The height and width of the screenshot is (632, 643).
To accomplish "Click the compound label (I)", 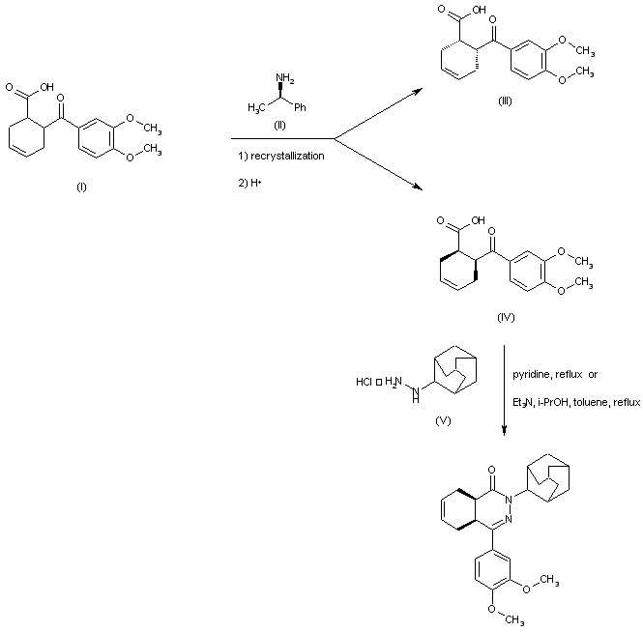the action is (81, 187).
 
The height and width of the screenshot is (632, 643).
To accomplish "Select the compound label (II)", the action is (279, 126).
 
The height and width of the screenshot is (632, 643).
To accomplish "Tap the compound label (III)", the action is (505, 101).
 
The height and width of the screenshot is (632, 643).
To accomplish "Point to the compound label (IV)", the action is (506, 317).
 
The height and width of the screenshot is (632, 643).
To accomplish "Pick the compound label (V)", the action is (443, 420).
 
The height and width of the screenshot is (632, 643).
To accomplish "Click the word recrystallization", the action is (287, 157).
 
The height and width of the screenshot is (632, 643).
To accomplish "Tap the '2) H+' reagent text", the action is (249, 183).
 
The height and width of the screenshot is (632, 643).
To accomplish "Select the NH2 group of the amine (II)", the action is (285, 78).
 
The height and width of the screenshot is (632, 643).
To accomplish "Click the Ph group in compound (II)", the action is (300, 107).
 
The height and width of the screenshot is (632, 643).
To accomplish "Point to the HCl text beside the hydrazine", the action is (364, 382).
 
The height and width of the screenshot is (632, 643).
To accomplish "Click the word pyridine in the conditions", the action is (531, 375).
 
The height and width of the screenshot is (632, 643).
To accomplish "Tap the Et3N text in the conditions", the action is (523, 403).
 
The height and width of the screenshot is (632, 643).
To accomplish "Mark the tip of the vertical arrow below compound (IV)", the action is (505, 436).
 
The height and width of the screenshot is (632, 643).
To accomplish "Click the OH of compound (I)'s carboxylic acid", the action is (46, 87).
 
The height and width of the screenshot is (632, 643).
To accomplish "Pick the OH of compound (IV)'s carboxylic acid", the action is (479, 220).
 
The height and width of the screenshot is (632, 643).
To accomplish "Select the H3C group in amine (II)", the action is (256, 108).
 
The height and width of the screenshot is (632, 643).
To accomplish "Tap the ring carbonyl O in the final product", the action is (492, 470).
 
